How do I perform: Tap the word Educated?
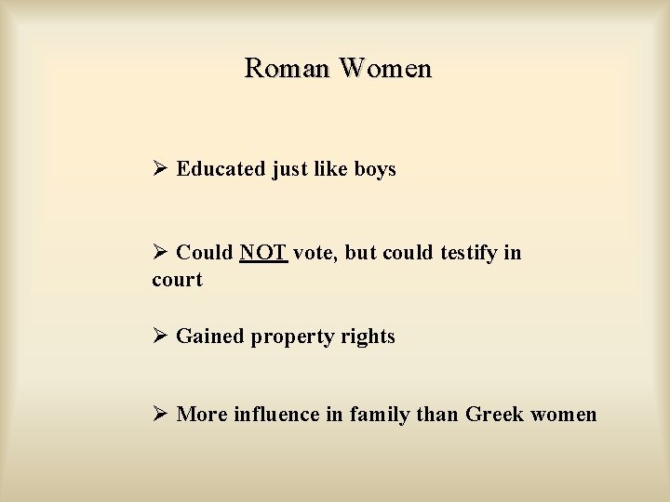[221, 169]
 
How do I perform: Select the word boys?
[375, 169]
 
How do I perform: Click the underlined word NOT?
[263, 253]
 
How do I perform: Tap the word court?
[177, 279]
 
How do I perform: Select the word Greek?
[494, 415]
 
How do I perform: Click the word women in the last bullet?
[563, 415]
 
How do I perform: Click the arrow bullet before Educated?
[159, 169]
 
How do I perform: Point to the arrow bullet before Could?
[159, 253]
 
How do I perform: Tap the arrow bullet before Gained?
[159, 337]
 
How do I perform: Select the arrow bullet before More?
[159, 415]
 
